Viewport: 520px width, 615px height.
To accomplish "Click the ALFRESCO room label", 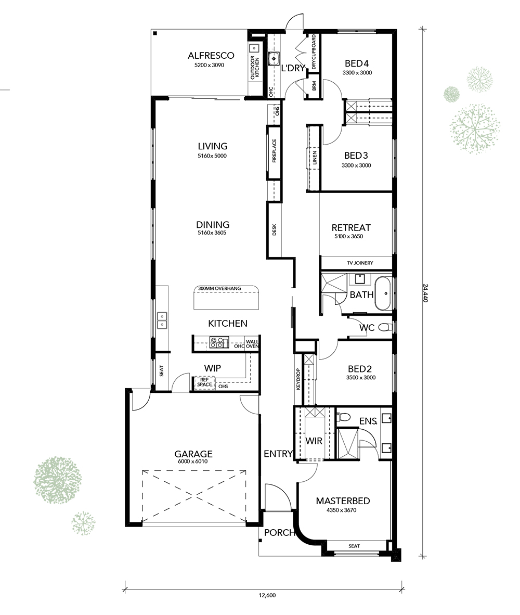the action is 211,55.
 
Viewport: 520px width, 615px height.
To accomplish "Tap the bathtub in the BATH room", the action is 382,293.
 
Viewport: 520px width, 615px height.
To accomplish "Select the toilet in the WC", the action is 385,327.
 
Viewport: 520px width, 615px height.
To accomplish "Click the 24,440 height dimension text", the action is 425,292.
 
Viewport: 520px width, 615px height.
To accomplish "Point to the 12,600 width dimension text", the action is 267,595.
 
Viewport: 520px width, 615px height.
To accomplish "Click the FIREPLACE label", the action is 275,151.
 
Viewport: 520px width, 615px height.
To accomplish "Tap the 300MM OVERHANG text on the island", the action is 219,289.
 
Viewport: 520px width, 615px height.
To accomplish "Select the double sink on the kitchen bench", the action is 162,320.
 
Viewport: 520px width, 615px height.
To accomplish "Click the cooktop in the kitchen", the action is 219,342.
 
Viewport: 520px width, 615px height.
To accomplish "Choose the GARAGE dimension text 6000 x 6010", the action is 193,461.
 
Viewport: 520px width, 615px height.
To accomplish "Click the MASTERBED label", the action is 343,501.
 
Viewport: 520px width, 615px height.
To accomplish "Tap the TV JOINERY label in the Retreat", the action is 360,263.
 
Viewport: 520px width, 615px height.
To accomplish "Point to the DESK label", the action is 275,230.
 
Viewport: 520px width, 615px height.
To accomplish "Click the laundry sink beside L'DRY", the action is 274,58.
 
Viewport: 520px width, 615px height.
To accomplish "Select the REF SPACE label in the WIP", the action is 204,382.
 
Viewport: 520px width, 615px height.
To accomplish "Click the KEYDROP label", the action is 298,378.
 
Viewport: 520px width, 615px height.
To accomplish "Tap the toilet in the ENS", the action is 343,417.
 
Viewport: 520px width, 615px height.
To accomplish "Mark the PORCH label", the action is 279,533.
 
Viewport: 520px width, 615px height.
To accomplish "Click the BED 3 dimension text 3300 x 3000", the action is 356,165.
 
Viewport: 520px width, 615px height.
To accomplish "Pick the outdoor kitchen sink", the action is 254,48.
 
